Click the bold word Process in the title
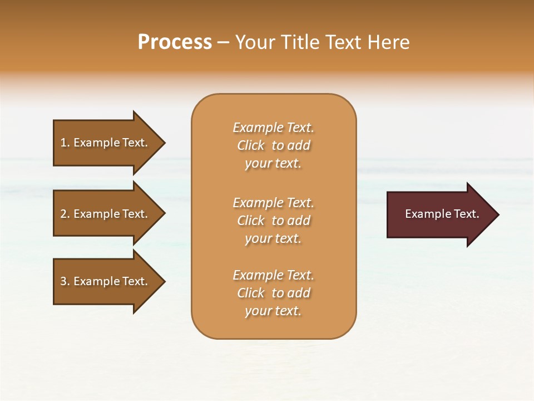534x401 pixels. [175, 42]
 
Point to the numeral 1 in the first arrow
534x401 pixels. [63, 143]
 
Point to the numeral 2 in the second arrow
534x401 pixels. [63, 214]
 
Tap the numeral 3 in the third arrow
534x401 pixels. [63, 281]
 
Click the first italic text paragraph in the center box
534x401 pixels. [273, 145]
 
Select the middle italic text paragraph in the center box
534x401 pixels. [273, 221]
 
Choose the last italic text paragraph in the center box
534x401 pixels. [273, 293]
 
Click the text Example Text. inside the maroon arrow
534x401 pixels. [442, 214]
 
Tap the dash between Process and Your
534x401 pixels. [223, 43]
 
